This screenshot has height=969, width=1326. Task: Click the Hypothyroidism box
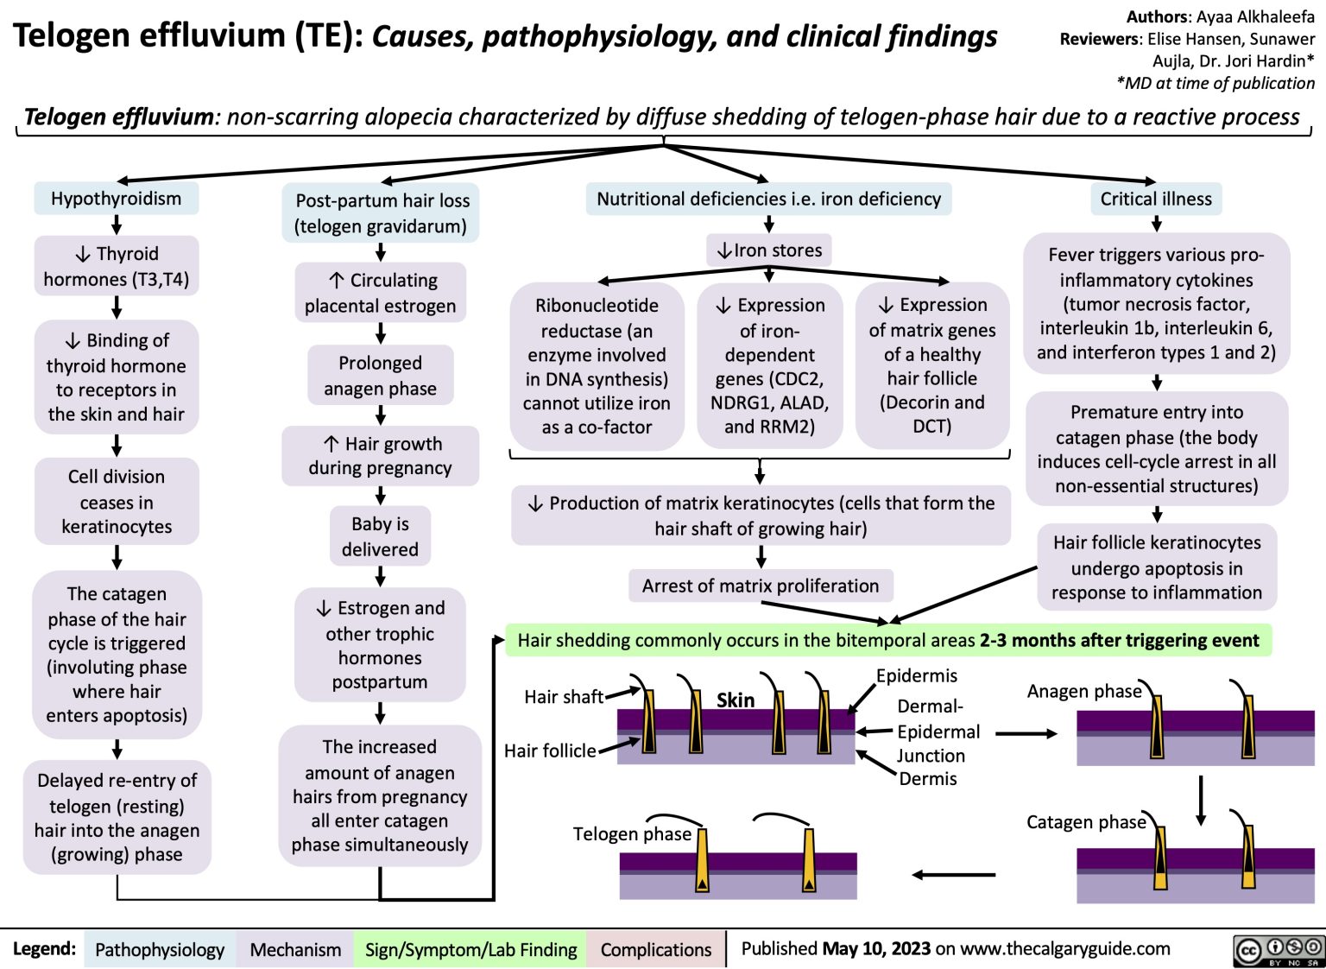116,199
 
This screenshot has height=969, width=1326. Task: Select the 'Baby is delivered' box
380,536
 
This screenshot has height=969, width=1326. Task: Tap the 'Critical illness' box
1155,199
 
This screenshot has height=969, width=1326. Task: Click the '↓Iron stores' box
768,250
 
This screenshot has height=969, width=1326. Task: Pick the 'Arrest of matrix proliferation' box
760,586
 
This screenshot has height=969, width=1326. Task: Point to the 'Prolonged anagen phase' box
380,376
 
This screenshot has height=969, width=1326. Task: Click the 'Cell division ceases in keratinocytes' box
117,501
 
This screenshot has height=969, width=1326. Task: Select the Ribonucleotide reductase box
597,365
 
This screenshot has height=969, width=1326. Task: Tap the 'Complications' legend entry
655,949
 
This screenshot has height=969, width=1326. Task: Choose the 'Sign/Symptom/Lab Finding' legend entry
470,949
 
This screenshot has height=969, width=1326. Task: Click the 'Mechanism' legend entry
295,949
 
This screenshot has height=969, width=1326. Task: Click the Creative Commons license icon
1279,949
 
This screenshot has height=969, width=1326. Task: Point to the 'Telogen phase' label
632,833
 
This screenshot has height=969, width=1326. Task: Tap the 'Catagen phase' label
1085,821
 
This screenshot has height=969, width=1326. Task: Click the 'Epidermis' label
916,675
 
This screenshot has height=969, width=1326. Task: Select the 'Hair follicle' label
550,750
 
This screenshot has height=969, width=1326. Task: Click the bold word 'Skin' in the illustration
736,700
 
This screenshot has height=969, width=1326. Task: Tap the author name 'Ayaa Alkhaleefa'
1255,16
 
